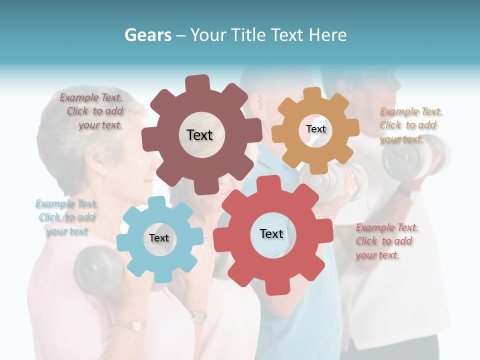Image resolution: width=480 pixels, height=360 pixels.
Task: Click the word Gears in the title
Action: (x=147, y=35)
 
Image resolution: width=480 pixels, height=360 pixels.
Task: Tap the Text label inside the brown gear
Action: (x=199, y=135)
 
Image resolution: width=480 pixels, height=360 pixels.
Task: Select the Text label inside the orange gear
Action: (x=315, y=129)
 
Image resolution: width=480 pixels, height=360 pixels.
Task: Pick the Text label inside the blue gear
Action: (x=159, y=238)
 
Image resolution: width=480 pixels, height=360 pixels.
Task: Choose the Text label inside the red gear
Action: (x=271, y=233)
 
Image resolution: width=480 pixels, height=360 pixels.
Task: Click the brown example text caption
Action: (x=92, y=111)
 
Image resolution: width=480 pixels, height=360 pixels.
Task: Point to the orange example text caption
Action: (x=410, y=125)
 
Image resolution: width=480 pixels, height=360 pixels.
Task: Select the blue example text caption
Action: (x=66, y=217)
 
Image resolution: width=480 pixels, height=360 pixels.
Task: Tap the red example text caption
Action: (x=386, y=241)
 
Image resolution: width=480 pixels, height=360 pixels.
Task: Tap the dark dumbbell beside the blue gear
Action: (x=97, y=270)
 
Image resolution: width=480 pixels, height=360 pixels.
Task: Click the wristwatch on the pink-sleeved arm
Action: (x=198, y=316)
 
